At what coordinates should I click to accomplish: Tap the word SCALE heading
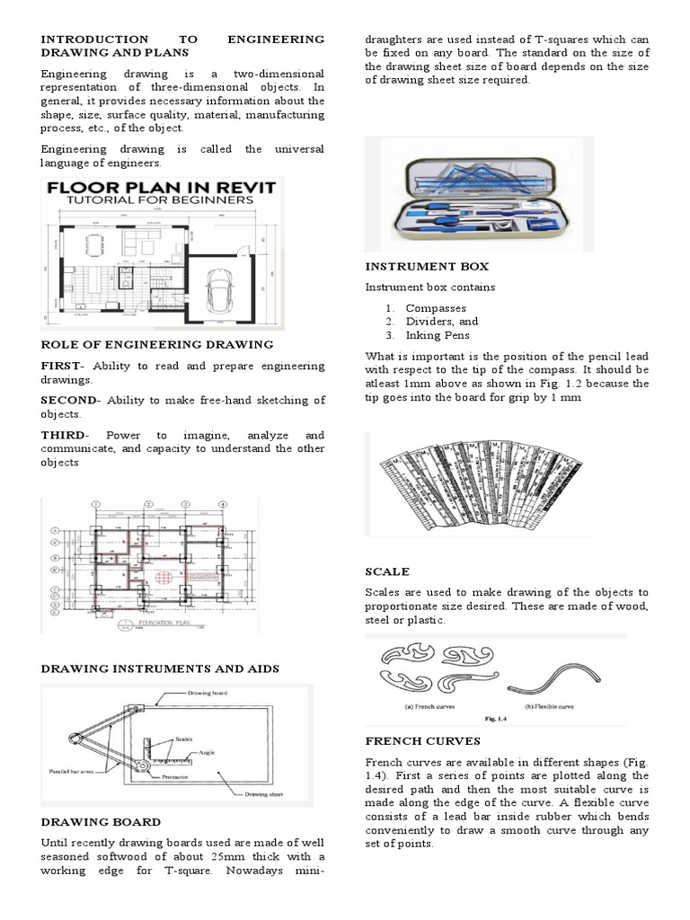387,571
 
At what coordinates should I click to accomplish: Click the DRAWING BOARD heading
101,821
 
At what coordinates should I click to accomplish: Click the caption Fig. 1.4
495,719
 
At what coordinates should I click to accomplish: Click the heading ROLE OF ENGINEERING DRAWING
157,344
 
